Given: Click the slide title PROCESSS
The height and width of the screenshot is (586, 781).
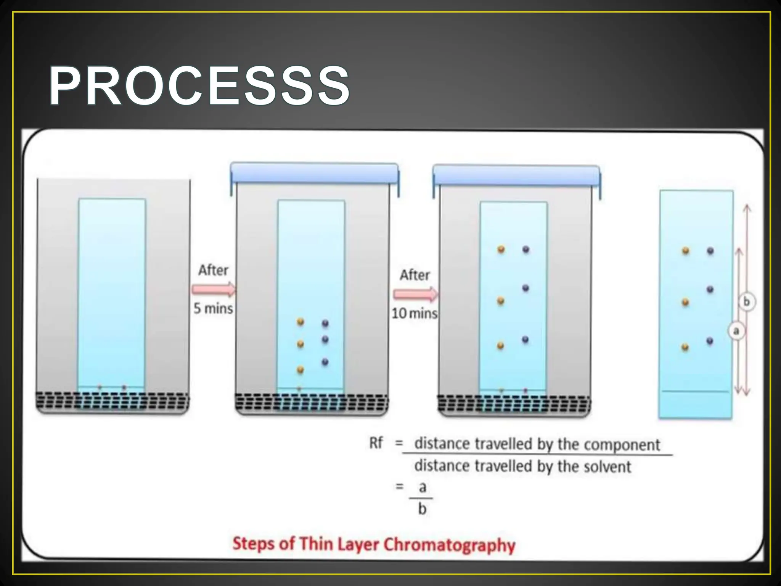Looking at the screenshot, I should coord(199,86).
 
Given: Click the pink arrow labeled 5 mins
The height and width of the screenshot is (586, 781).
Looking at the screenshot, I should coord(214,290).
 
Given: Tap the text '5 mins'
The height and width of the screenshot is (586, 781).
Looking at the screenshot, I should coord(213,308).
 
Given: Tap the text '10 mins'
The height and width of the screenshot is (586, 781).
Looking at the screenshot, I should coord(415,313).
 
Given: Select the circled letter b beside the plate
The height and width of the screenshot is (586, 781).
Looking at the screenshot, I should coord(746,302).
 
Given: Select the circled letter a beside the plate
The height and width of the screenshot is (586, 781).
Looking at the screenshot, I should coord(736,331).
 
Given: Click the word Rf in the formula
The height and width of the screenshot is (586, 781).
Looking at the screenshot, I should coord(376,443).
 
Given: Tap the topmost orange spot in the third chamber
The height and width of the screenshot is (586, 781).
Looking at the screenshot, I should coord(501,250).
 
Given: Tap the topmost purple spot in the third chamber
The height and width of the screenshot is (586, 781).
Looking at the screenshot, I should coord(526,250).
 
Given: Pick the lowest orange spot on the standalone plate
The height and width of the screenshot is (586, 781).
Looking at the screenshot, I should coord(685,347).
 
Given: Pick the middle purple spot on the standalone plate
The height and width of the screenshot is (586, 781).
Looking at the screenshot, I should coord(710,290).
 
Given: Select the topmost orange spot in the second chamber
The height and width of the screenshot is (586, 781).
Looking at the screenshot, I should coord(301,322).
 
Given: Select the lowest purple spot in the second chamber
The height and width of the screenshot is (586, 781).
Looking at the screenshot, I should coord(325,362).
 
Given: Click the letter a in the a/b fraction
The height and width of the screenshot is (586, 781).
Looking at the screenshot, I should coord(422,488).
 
